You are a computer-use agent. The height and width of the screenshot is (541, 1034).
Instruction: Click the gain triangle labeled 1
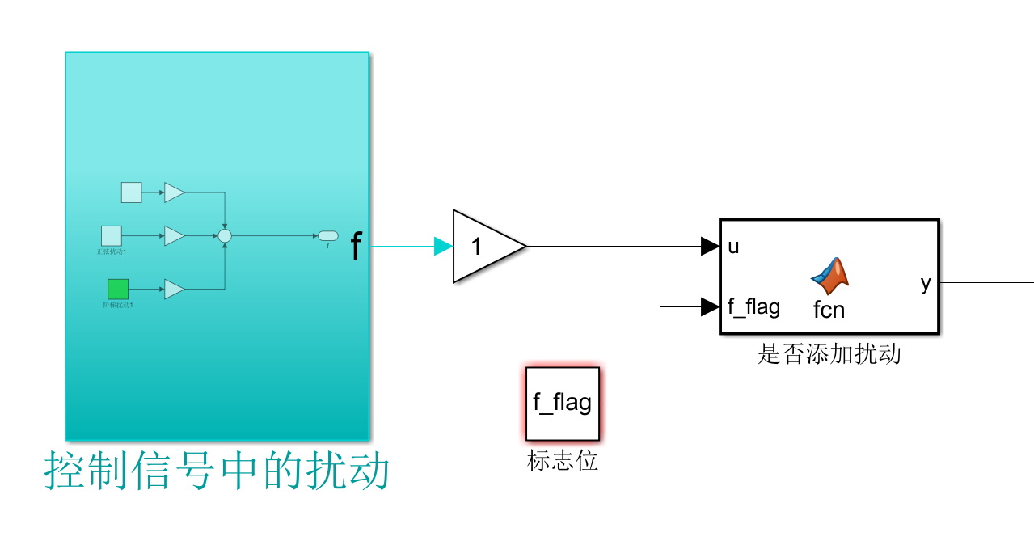click(x=483, y=247)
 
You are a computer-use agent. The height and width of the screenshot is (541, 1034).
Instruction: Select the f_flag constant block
click(x=563, y=403)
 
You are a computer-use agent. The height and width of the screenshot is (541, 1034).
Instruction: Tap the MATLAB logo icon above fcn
click(x=829, y=275)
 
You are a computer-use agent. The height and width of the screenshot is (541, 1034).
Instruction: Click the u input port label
click(x=733, y=247)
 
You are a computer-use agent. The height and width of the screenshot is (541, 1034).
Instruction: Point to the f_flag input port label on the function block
click(x=753, y=307)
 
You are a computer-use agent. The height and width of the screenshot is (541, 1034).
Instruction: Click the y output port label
click(x=926, y=283)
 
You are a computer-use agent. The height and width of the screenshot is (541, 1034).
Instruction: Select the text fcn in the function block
click(x=829, y=309)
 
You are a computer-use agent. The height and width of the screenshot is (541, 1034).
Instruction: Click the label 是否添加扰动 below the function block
click(x=829, y=354)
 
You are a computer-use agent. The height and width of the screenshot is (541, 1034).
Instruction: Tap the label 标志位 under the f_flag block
click(x=563, y=461)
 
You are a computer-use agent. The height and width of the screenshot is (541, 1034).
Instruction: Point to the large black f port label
click(x=356, y=247)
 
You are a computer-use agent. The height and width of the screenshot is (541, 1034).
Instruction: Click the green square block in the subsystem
click(x=118, y=289)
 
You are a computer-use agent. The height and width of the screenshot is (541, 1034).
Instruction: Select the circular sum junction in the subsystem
click(x=225, y=235)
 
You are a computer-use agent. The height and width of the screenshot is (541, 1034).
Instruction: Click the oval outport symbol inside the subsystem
click(x=327, y=235)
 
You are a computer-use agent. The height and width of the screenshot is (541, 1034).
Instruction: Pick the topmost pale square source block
click(x=131, y=192)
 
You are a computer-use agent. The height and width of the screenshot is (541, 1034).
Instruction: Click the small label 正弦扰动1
click(x=112, y=251)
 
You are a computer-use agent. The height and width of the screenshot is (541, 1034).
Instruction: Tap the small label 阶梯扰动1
click(x=118, y=305)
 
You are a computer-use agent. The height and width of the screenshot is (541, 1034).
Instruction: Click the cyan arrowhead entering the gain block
click(x=443, y=247)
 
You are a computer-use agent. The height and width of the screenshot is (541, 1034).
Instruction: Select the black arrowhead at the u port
click(x=710, y=247)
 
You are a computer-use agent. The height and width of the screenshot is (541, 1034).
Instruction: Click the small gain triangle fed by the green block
click(x=174, y=289)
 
